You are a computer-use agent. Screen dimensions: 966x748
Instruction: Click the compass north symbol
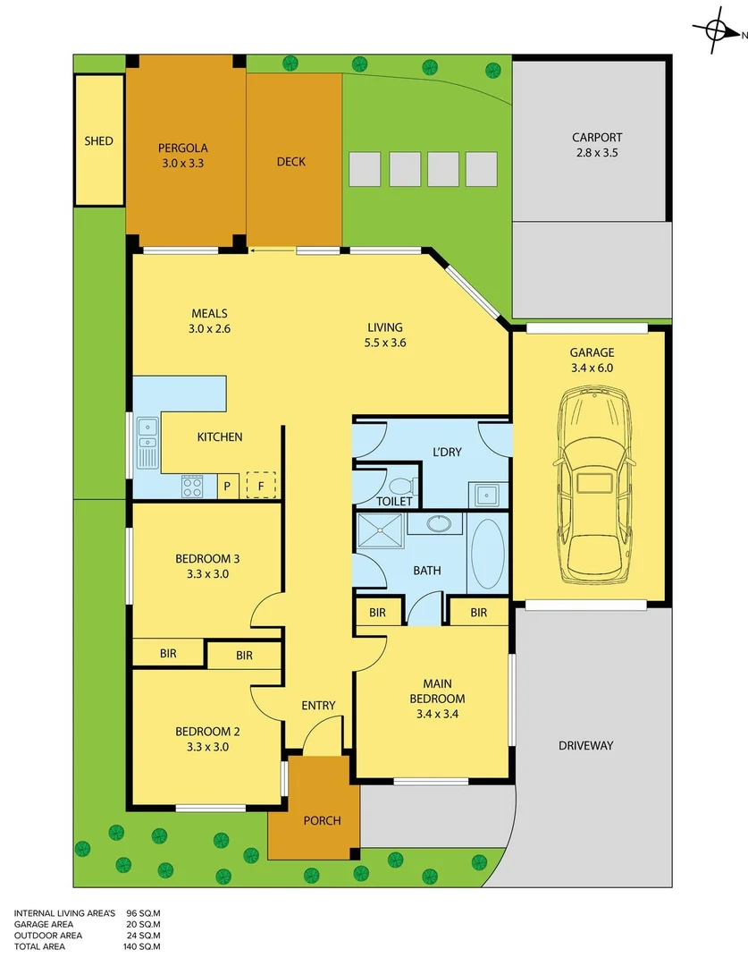(x=717, y=30)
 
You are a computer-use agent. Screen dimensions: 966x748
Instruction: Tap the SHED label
(x=98, y=141)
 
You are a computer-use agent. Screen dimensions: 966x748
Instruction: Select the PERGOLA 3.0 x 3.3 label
(x=183, y=156)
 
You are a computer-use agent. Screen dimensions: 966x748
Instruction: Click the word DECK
(x=290, y=162)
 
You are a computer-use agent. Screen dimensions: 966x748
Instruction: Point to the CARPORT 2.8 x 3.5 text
(x=597, y=145)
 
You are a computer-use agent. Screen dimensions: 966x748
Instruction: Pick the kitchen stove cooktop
(x=192, y=487)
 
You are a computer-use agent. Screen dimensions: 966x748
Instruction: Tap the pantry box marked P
(x=228, y=487)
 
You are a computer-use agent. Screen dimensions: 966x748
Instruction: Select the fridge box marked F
(x=261, y=486)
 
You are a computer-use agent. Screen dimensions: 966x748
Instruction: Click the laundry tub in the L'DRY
(x=487, y=494)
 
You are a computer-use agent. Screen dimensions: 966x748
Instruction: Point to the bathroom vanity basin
(x=439, y=523)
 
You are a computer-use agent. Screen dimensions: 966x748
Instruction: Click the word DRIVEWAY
(x=585, y=745)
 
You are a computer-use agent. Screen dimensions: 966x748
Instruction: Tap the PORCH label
(x=322, y=820)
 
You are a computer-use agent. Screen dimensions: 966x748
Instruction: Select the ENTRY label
(x=318, y=706)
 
